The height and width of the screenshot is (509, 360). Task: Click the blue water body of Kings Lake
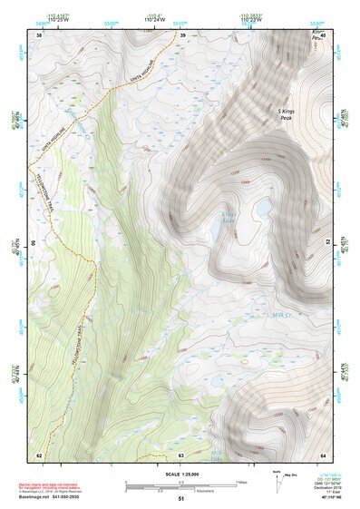click(259, 210)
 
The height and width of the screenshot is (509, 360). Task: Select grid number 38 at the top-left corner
click(39, 35)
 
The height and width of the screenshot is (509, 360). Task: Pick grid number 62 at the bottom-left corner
click(39, 455)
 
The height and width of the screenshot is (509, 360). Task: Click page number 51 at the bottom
click(181, 499)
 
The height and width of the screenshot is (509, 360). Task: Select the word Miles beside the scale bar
click(242, 481)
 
